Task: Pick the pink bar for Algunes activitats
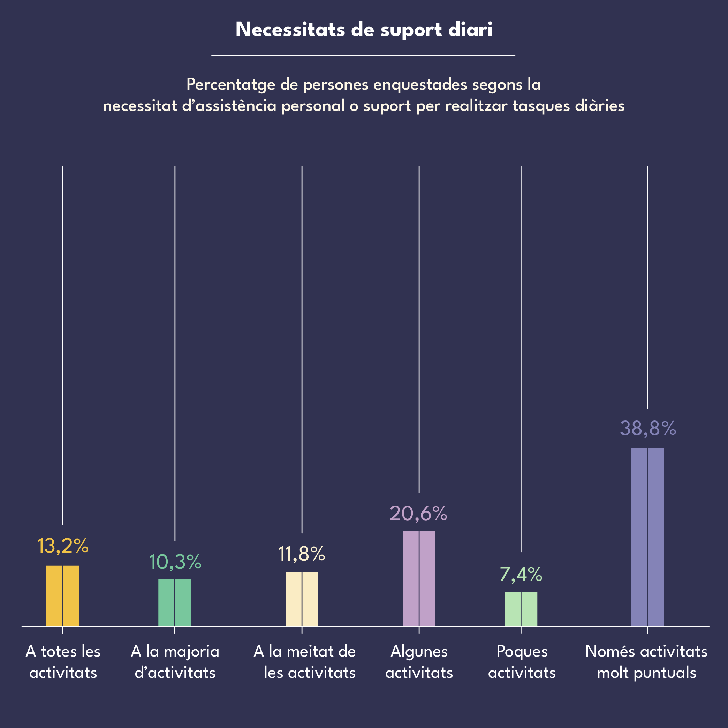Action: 419,579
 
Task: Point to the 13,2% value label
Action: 62,546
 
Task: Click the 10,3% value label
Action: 175,562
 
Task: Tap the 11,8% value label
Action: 302,554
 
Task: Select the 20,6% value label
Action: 418,513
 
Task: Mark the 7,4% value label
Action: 521,574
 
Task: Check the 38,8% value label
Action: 648,429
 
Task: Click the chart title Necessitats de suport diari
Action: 364,29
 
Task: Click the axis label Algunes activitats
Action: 419,662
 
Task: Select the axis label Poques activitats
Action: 522,662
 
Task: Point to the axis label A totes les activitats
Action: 63,662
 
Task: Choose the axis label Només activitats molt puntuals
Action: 647,662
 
